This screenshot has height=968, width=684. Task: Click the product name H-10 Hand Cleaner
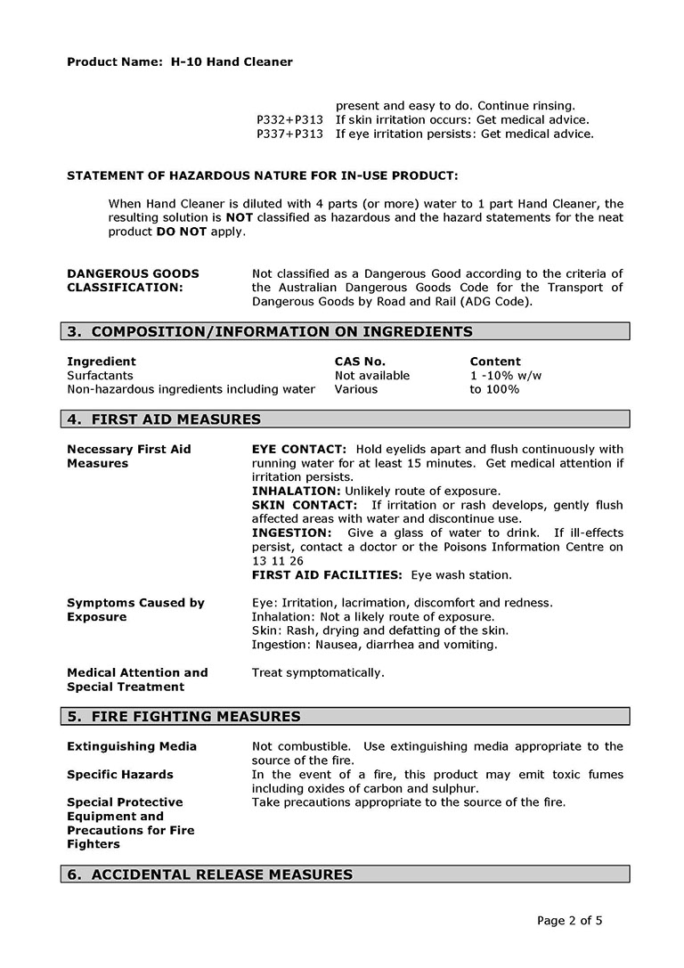[232, 62]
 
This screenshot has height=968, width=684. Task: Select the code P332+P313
[289, 120]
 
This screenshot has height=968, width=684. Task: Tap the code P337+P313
[289, 134]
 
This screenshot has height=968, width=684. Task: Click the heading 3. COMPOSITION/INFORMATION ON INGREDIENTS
[270, 332]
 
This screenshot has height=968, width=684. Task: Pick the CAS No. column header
[360, 362]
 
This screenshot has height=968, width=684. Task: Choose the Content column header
[495, 362]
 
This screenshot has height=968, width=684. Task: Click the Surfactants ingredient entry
[100, 376]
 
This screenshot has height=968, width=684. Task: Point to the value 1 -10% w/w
[506, 376]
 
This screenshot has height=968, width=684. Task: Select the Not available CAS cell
[372, 376]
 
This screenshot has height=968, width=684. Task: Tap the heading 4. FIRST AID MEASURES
[164, 419]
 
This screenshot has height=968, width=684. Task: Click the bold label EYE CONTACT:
[298, 450]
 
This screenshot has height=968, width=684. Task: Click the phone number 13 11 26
[278, 561]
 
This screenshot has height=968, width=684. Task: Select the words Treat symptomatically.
[318, 673]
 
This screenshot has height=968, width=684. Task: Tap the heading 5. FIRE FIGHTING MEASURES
[183, 717]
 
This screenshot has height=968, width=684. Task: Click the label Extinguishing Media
[132, 746]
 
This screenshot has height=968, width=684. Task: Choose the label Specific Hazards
[120, 775]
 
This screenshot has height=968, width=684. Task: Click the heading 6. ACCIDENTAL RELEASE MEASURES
[210, 875]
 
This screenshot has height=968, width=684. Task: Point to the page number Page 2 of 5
[570, 921]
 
